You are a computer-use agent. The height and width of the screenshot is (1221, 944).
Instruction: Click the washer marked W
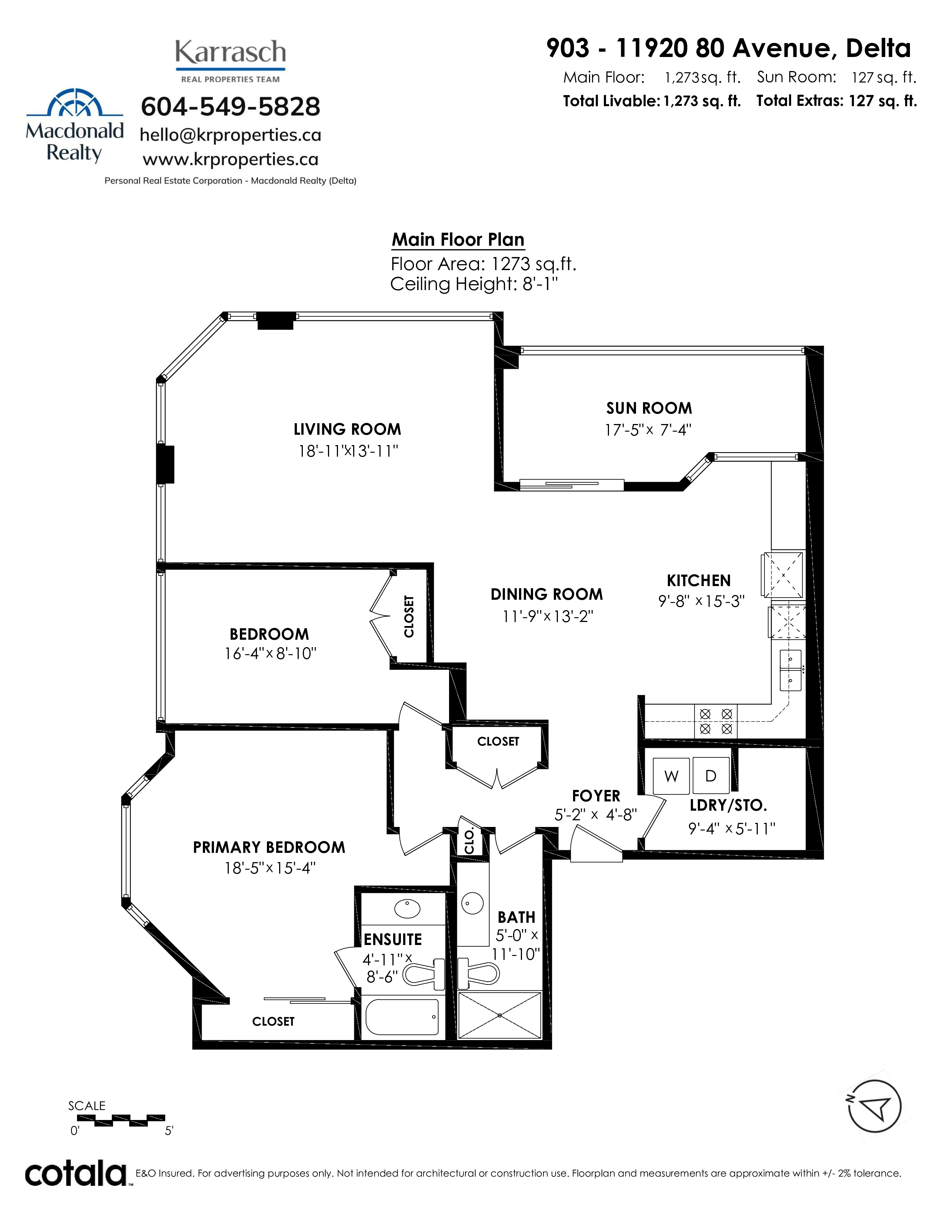[x=671, y=776]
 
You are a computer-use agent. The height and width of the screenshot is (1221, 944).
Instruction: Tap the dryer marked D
[x=711, y=776]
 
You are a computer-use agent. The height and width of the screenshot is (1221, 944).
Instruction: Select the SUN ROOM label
[x=649, y=408]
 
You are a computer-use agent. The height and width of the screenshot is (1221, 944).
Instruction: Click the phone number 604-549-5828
[x=230, y=106]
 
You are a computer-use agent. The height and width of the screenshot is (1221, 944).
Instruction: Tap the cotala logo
[x=76, y=1173]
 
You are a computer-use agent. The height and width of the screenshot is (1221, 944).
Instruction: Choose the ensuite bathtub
[x=402, y=1017]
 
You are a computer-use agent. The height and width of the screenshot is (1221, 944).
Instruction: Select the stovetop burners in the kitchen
[x=716, y=721]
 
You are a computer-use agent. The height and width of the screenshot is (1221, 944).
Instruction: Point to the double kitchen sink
[x=790, y=670]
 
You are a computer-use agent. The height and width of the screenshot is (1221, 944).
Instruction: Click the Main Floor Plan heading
[x=458, y=240]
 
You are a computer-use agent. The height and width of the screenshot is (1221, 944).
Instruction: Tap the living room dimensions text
[x=348, y=451]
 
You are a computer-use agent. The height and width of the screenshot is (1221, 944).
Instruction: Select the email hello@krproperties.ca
[x=230, y=135]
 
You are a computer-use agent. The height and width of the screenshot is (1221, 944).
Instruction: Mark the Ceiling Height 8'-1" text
[x=474, y=284]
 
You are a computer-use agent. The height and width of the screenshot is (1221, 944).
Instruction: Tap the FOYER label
[x=596, y=795]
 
